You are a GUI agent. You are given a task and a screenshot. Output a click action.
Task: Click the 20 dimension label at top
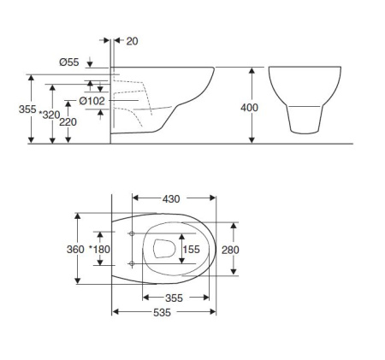(132, 41)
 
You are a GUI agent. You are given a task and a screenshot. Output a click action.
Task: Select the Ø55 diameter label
(69, 62)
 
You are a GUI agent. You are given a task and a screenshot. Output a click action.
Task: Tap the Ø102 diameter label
(92, 101)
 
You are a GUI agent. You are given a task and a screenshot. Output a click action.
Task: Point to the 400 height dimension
(249, 108)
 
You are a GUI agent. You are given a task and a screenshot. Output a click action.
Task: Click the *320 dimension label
(50, 115)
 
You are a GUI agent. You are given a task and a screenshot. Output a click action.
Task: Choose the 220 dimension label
(68, 122)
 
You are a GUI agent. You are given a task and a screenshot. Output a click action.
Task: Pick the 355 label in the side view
(27, 109)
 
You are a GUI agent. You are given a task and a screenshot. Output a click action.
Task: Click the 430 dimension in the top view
(171, 199)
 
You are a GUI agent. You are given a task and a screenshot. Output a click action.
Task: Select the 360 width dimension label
(75, 250)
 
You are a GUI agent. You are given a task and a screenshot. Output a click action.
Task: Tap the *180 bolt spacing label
(99, 250)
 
